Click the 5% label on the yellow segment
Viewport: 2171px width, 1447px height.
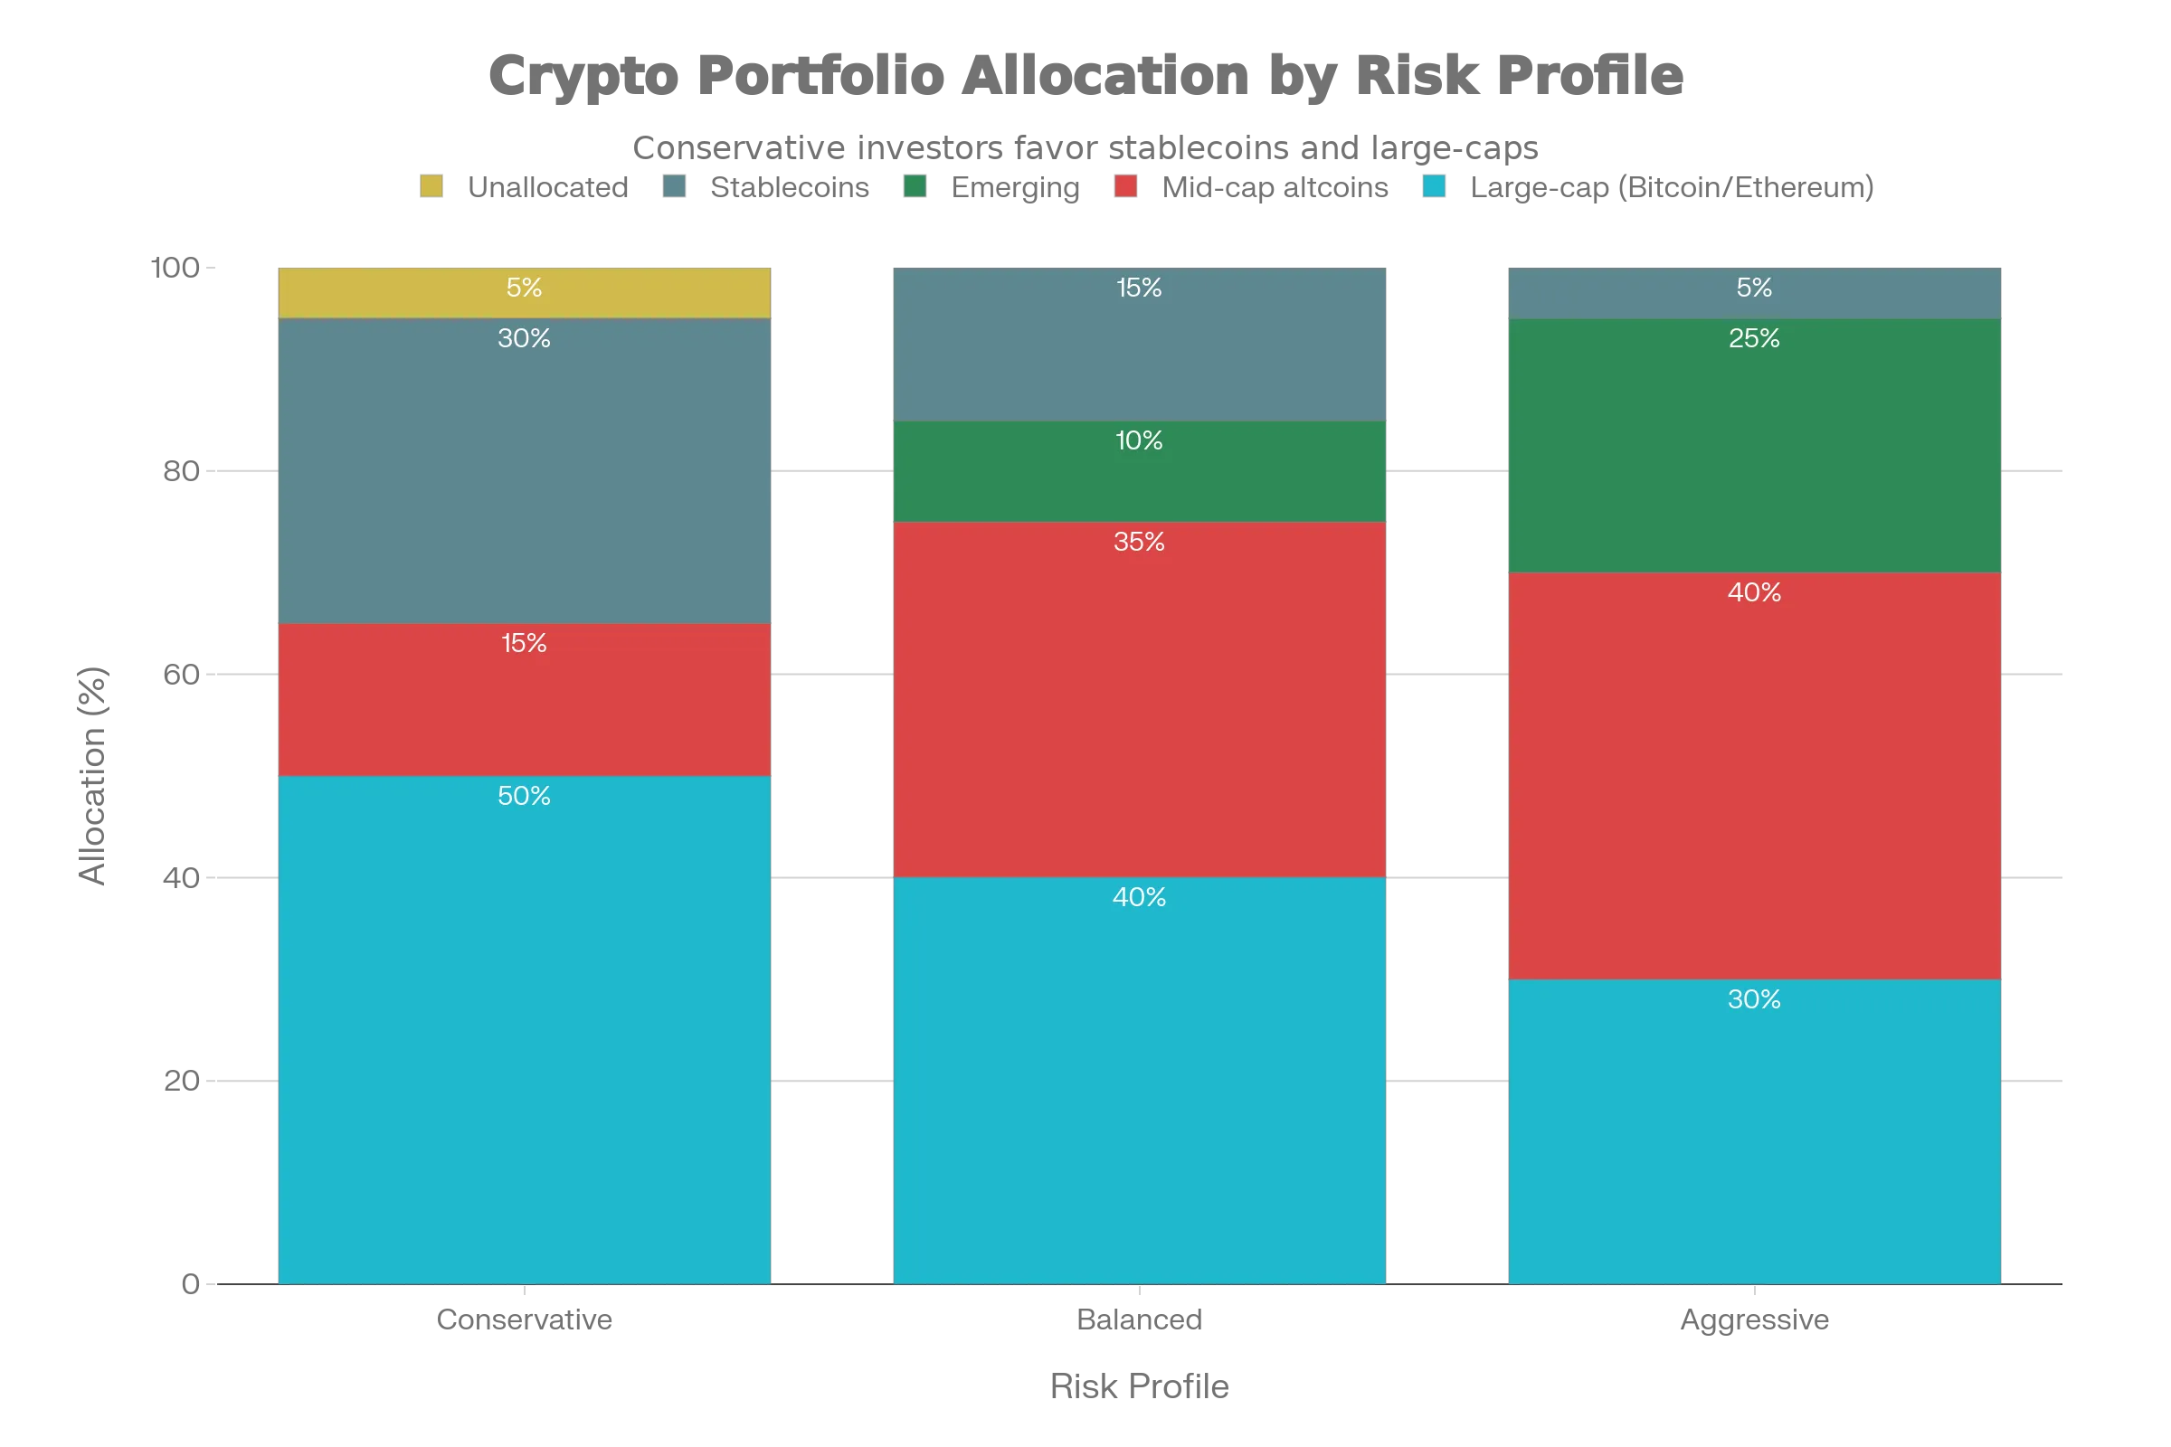coord(524,288)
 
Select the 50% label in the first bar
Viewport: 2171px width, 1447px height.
coord(524,796)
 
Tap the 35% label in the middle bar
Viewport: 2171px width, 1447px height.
coord(1139,542)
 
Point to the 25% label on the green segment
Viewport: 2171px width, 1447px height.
coord(1754,338)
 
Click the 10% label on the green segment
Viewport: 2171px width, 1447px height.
coord(1139,440)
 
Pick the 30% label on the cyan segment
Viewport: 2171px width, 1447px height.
coord(1754,999)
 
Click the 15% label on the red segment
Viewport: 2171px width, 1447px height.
coord(524,643)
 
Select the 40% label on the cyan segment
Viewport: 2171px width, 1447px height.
coord(1139,897)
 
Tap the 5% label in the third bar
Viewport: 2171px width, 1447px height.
coord(1754,288)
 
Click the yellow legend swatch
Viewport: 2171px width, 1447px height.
coord(432,187)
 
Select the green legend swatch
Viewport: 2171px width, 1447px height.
coord(915,187)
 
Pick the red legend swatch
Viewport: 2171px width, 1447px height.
coord(1127,187)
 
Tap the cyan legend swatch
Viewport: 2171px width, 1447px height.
coord(1434,187)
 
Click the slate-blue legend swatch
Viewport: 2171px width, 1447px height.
coord(674,187)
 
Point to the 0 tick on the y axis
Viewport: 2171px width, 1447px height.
coord(190,1283)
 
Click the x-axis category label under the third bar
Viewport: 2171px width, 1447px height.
coord(1754,1319)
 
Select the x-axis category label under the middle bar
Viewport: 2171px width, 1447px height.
coord(1139,1317)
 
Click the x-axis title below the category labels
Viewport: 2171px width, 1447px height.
coord(1139,1386)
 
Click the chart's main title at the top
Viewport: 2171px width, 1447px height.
coord(1085,74)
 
